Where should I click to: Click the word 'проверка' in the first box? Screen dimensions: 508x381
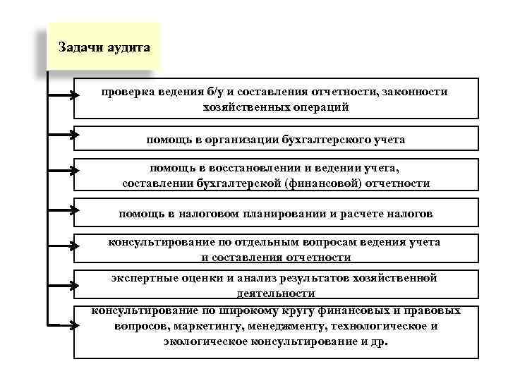124,92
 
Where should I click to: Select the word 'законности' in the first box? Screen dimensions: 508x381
418,92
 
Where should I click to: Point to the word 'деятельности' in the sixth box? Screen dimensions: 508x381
276,292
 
